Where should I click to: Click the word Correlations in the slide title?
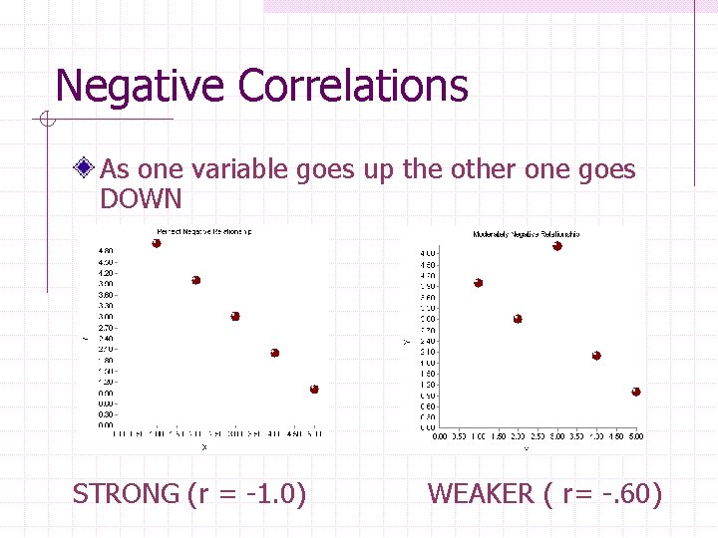click(353, 86)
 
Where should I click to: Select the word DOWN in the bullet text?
click(141, 199)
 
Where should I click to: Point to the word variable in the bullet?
click(239, 169)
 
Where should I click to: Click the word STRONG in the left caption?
click(126, 493)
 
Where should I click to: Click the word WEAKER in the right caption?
click(481, 493)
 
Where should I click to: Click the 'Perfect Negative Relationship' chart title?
click(203, 232)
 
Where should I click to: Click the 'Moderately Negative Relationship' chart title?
click(526, 234)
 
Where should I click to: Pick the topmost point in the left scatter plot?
click(157, 244)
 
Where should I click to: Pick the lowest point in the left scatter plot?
click(314, 389)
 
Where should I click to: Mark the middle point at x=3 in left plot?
click(235, 316)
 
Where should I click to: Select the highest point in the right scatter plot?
click(557, 246)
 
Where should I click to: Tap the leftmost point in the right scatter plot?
click(479, 283)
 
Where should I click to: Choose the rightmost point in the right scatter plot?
click(636, 392)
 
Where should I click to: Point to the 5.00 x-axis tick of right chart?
click(635, 436)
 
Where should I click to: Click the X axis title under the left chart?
click(205, 447)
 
